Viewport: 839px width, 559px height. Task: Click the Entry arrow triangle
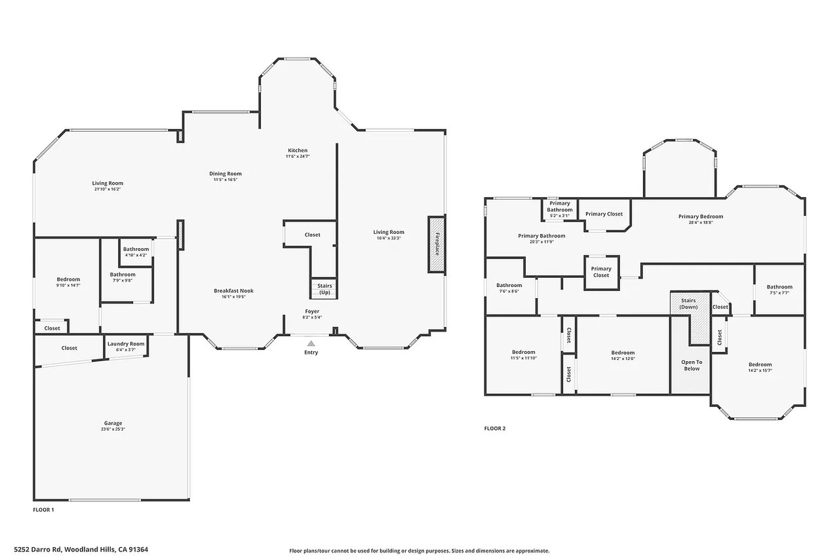pyautogui.click(x=311, y=343)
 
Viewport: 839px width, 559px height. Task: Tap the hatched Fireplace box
pyautogui.click(x=437, y=244)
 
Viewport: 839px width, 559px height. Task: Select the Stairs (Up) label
pyautogui.click(x=324, y=289)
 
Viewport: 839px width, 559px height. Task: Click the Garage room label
pyautogui.click(x=113, y=423)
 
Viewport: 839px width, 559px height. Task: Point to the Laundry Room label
pyautogui.click(x=126, y=343)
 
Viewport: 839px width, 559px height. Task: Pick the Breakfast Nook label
pyautogui.click(x=234, y=290)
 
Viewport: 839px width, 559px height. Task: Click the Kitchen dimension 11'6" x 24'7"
pyautogui.click(x=298, y=157)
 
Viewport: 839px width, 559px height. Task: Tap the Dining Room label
pyautogui.click(x=225, y=174)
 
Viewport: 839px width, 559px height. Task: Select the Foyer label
pyautogui.click(x=312, y=311)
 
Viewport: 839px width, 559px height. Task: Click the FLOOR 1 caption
pyautogui.click(x=43, y=510)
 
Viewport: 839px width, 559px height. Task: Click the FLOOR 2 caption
pyautogui.click(x=495, y=429)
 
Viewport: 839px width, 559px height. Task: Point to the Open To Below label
pyautogui.click(x=692, y=366)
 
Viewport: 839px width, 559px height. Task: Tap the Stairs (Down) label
pyautogui.click(x=688, y=303)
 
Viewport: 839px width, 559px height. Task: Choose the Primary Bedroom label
pyautogui.click(x=701, y=216)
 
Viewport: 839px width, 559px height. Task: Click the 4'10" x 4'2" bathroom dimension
pyautogui.click(x=136, y=256)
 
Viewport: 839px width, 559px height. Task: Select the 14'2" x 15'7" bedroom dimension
pyautogui.click(x=760, y=371)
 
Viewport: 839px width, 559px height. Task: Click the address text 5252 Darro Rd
pyautogui.click(x=37, y=550)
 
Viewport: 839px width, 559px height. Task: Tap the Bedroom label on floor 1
pyautogui.click(x=68, y=279)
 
